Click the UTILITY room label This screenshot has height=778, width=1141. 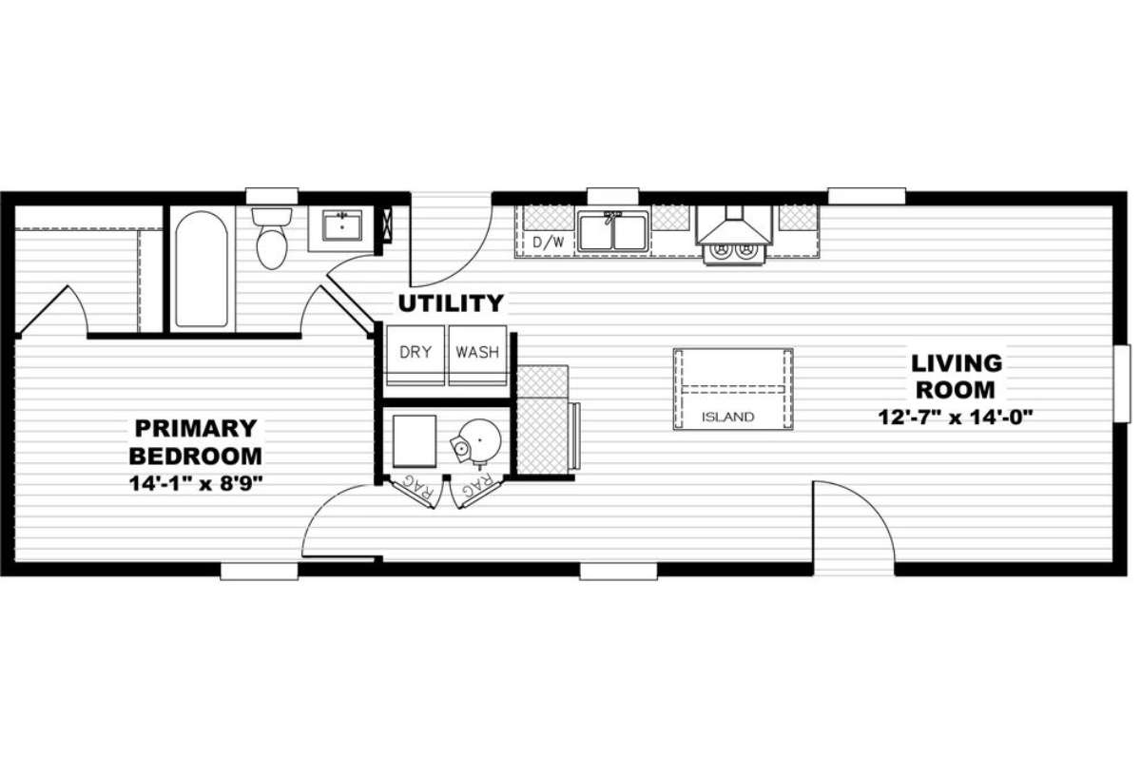(x=451, y=304)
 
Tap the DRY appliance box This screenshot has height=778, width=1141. (x=416, y=356)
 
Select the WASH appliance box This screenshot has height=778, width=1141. (x=477, y=356)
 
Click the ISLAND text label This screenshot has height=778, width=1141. (x=728, y=418)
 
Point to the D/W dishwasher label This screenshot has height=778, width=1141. (x=549, y=243)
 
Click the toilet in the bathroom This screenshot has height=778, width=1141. (x=272, y=238)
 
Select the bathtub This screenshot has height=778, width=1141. (x=202, y=269)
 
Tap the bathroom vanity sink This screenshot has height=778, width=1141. (x=342, y=225)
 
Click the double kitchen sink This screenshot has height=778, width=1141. (x=613, y=232)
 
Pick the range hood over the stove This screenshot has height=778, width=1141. (x=734, y=225)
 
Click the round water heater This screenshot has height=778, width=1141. (x=479, y=440)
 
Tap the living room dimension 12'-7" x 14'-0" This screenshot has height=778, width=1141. (x=956, y=418)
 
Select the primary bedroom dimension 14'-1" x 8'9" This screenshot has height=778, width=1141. (x=196, y=483)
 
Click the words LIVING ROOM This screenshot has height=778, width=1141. (x=957, y=377)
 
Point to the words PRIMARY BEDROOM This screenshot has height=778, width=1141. (x=196, y=441)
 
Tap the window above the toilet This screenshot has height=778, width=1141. (x=272, y=196)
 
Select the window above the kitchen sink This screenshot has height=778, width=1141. (x=613, y=196)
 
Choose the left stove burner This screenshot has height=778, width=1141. (x=722, y=249)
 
